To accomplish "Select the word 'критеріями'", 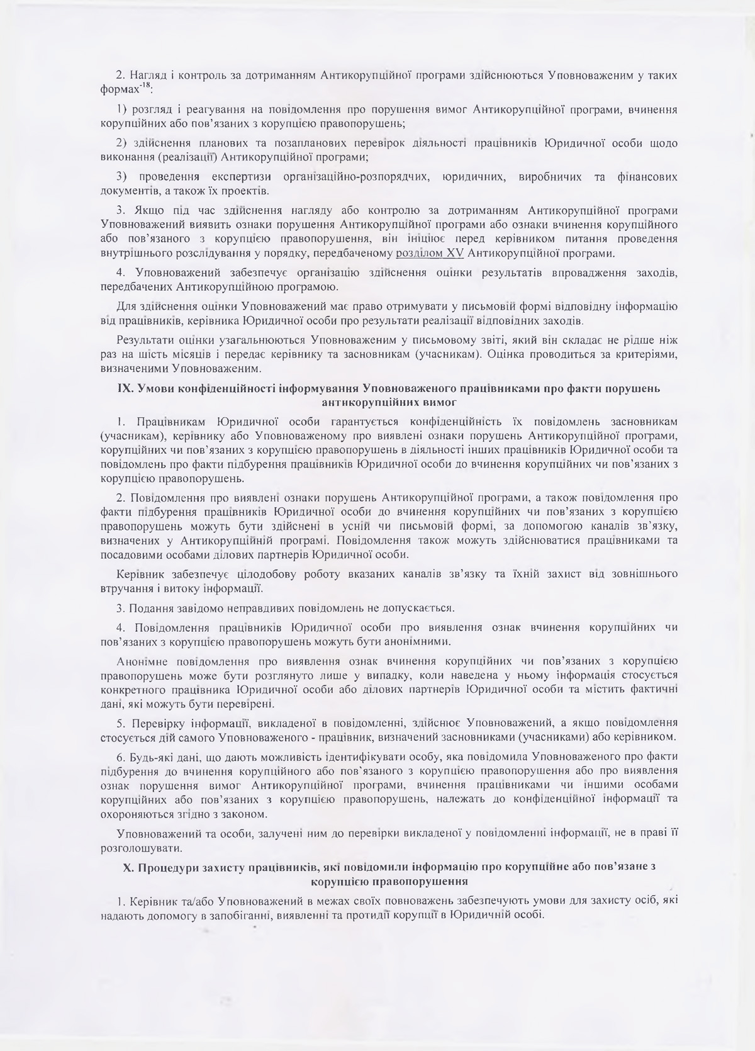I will click(646, 354).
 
